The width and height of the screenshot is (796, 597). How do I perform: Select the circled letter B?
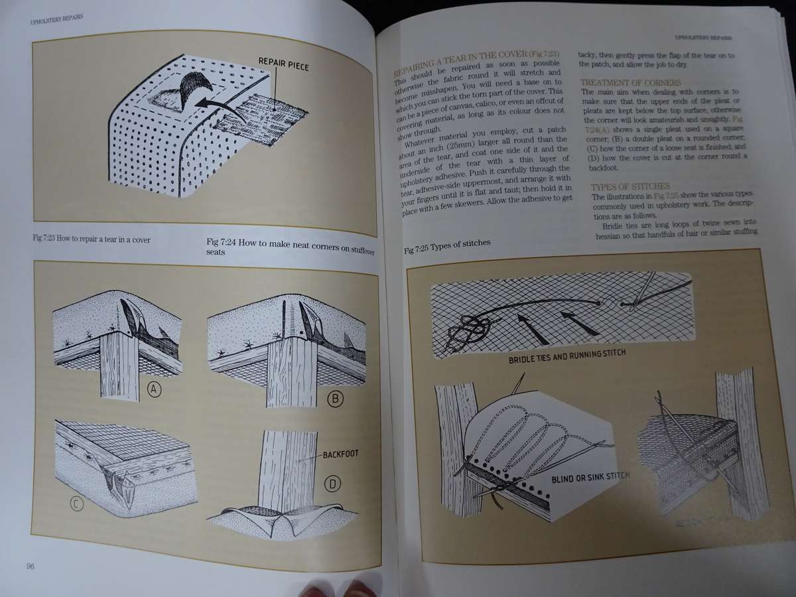[334, 399]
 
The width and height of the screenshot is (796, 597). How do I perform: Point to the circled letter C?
[77, 505]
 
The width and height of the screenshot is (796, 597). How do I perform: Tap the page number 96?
[31, 566]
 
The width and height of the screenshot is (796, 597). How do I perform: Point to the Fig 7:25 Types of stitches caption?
[447, 243]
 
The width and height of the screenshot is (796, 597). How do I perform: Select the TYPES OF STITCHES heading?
[630, 186]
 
